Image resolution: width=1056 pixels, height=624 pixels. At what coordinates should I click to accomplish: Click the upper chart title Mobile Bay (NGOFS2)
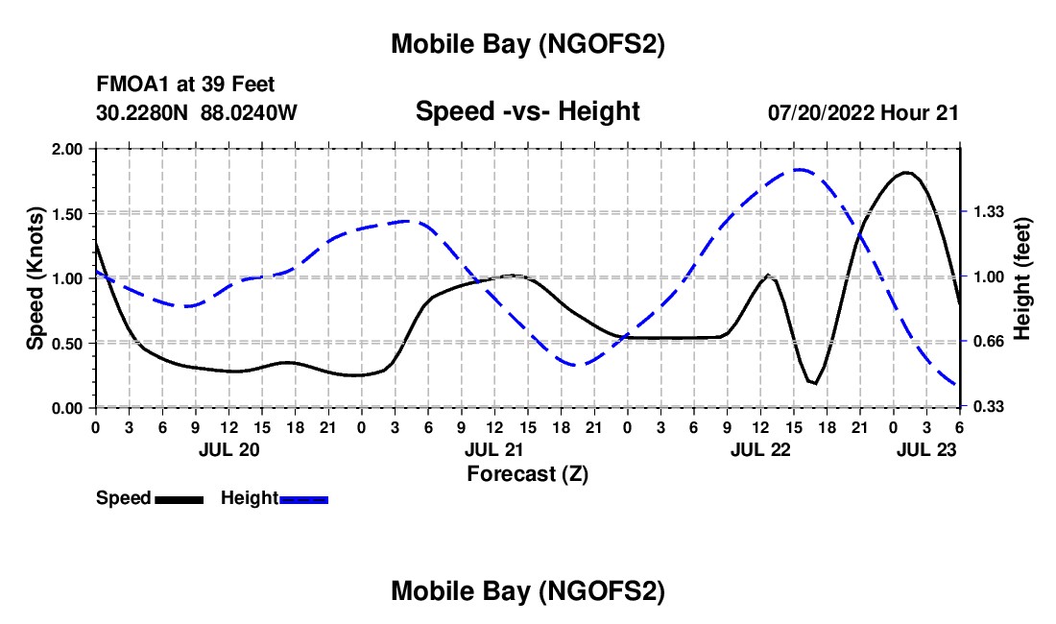[527, 44]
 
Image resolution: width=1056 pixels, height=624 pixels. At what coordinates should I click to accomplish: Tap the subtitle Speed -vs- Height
[527, 111]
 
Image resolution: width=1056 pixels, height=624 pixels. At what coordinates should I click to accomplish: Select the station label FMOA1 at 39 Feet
[185, 85]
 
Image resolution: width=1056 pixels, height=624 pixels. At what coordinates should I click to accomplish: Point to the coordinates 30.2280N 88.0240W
[197, 112]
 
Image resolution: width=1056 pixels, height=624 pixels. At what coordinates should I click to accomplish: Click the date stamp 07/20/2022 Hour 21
[863, 112]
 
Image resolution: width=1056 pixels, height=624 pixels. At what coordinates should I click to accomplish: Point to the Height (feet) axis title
[1021, 278]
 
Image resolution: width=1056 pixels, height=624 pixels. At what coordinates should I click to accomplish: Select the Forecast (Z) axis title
[527, 473]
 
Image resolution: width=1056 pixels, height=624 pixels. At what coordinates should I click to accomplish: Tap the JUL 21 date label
[493, 449]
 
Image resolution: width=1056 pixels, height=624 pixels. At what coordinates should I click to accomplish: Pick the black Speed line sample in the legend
[179, 499]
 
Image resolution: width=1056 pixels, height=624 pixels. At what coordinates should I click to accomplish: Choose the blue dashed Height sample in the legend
[303, 499]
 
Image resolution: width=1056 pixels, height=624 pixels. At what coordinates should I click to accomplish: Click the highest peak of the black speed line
[905, 173]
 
